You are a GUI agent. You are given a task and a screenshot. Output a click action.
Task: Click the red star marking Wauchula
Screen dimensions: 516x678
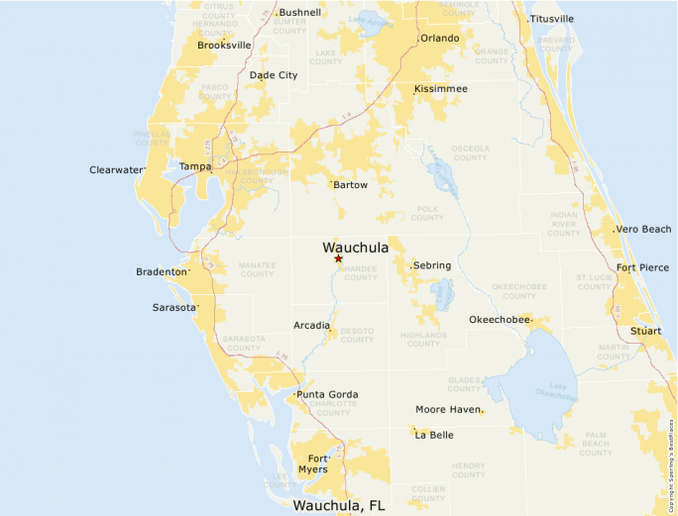(338, 258)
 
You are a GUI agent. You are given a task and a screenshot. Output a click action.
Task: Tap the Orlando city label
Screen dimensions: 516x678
(440, 39)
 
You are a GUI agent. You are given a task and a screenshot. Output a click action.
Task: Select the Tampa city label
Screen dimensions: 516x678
(195, 166)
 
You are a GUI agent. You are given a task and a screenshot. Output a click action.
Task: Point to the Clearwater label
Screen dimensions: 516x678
(117, 170)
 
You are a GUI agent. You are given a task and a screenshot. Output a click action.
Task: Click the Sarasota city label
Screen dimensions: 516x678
(174, 307)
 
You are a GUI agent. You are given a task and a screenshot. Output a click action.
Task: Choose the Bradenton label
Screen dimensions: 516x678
(162, 271)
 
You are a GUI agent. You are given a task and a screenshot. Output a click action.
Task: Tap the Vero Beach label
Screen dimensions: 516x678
(644, 230)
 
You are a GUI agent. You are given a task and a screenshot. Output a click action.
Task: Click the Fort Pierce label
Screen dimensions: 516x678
(642, 267)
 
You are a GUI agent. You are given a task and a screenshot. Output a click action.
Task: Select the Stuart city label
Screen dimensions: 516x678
(645, 330)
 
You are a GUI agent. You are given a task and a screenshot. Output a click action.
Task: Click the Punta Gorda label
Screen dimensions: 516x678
(328, 395)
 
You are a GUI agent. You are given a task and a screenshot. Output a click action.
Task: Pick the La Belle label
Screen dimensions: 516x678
(434, 435)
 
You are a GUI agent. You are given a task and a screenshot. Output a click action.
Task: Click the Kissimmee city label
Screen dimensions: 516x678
(441, 89)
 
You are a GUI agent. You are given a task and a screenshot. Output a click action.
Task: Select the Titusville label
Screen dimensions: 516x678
(552, 19)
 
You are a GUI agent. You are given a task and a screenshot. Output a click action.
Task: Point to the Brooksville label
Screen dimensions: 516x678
(224, 46)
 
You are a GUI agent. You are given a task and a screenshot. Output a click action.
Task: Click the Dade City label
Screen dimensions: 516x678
(274, 75)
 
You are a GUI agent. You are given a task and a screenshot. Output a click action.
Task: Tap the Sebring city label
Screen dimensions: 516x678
(432, 266)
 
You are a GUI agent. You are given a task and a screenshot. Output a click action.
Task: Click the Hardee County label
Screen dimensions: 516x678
(361, 273)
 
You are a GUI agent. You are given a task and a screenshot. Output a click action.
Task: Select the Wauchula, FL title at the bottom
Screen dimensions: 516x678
(339, 505)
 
